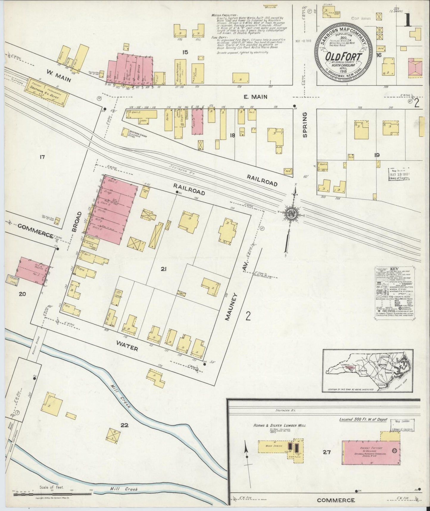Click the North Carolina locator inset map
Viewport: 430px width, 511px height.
pyautogui.click(x=368, y=371)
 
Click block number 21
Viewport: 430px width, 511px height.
pyautogui.click(x=163, y=269)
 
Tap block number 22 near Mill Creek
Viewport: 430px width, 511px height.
pyautogui.click(x=124, y=425)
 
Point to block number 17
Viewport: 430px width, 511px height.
pyautogui.click(x=41, y=156)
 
